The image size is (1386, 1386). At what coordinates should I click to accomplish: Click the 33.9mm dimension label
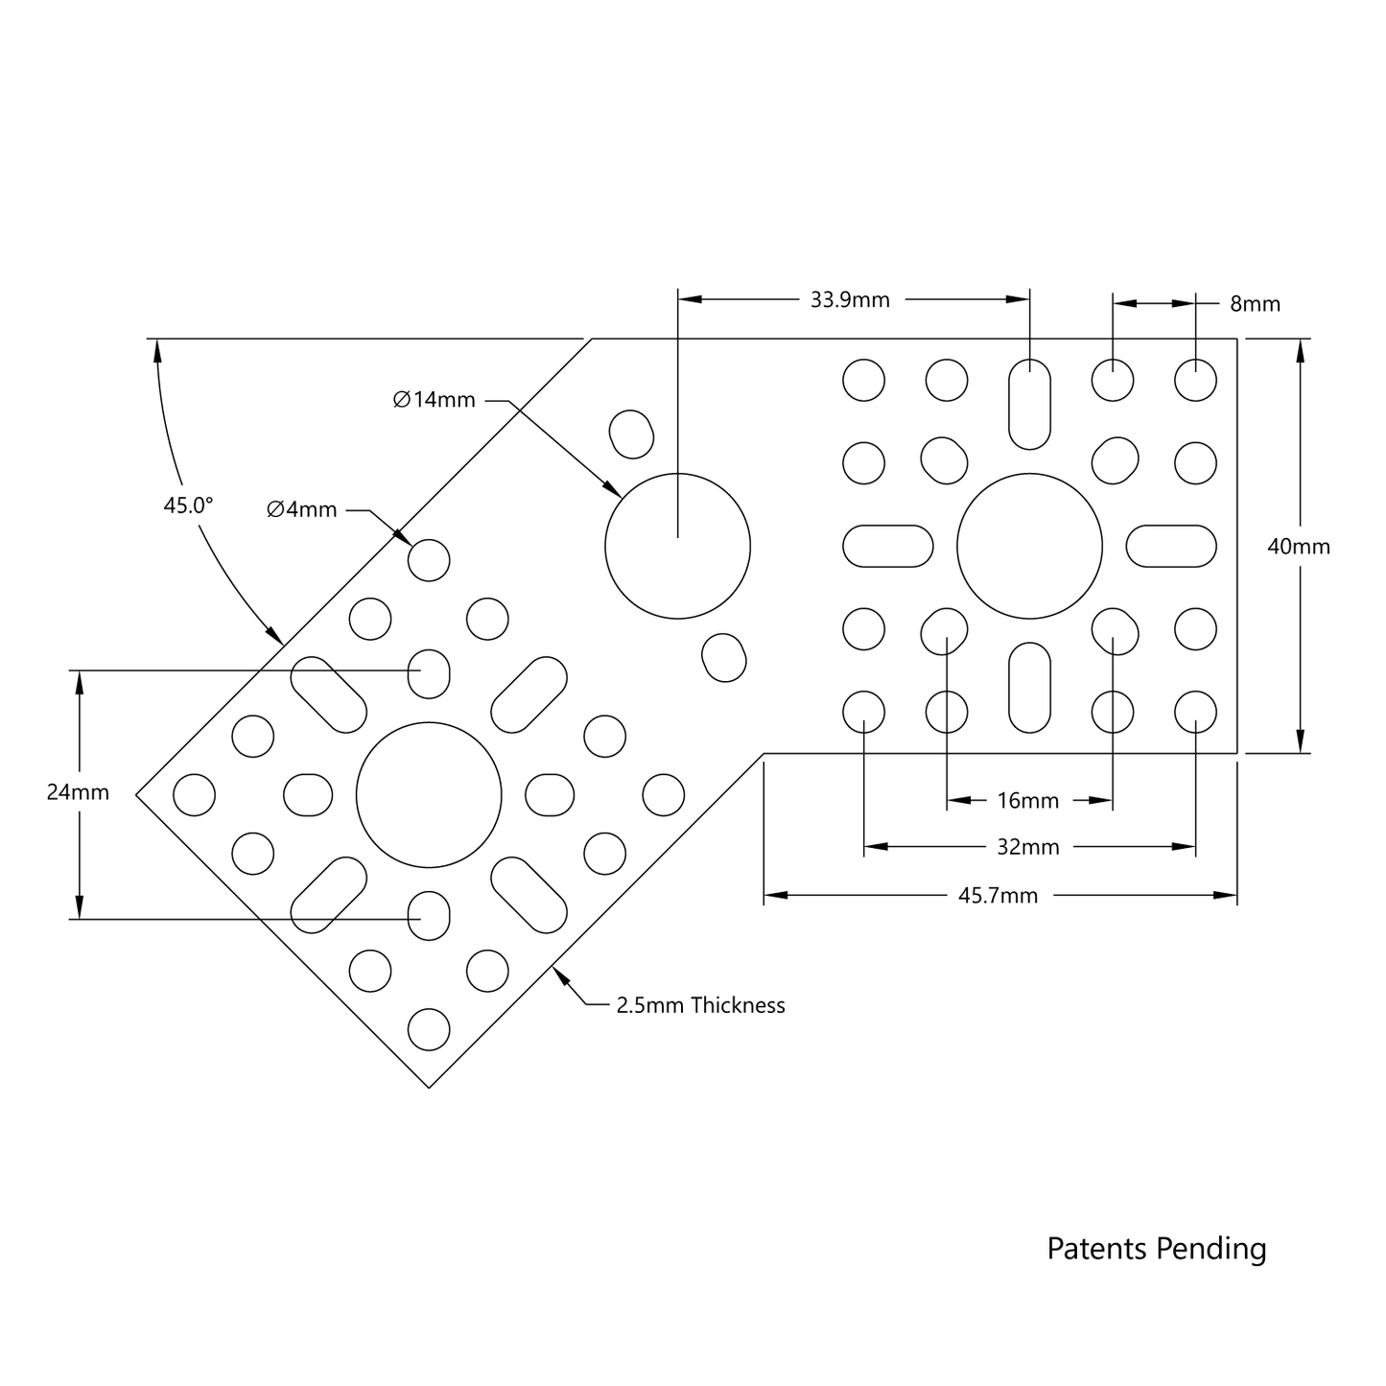[x=850, y=300]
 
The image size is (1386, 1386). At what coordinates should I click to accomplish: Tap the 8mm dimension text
[x=1255, y=304]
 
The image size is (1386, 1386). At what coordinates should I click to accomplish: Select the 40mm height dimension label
[x=1299, y=547]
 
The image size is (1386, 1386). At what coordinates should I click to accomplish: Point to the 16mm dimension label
[x=1027, y=800]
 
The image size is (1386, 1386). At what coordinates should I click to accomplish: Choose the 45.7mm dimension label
[x=998, y=896]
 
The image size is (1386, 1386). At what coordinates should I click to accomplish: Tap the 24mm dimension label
[x=78, y=792]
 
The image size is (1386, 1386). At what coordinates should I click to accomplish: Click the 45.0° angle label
[x=188, y=505]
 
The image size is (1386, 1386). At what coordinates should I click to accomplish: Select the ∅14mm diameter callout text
[x=435, y=400]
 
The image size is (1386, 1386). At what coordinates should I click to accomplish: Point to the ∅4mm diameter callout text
[x=302, y=509]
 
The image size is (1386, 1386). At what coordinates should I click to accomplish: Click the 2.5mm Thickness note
[x=700, y=1005]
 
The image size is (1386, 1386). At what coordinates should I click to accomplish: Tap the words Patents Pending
[x=1156, y=1249]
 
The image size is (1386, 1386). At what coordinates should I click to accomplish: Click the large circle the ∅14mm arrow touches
[x=677, y=546]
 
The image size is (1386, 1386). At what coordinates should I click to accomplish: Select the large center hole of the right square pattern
[x=1029, y=546]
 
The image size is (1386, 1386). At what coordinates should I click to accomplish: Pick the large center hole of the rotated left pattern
[x=429, y=794]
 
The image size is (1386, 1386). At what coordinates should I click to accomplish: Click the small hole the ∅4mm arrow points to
[x=429, y=560]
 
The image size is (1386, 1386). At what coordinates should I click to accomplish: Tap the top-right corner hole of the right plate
[x=1195, y=380]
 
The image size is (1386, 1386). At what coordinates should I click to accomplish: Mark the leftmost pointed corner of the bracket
[x=137, y=794]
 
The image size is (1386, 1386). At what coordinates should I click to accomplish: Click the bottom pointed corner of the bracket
[x=429, y=1088]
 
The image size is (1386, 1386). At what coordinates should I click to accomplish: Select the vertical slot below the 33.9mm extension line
[x=1029, y=404]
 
